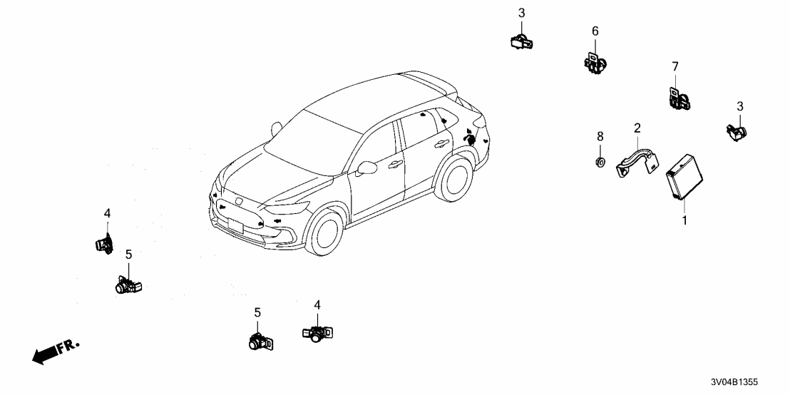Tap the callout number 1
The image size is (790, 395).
684,221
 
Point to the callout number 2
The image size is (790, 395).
637,128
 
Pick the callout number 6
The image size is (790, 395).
595,31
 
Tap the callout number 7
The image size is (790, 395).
675,67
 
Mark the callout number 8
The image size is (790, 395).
600,135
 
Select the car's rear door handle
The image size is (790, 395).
437,144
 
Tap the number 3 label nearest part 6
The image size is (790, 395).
521,13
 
